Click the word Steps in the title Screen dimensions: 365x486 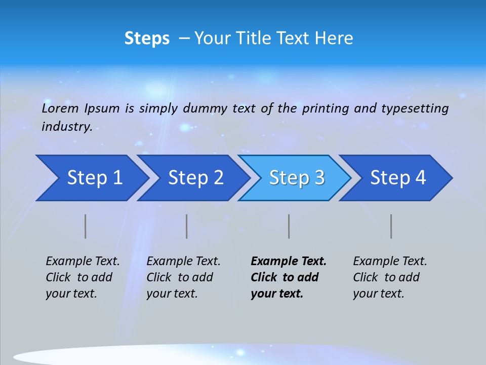click(147, 39)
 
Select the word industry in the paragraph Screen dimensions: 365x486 click(66, 127)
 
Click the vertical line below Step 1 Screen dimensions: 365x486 click(86, 226)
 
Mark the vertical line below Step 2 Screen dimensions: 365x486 click(187, 226)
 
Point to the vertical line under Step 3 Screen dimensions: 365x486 click(289, 226)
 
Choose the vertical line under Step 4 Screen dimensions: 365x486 click(391, 226)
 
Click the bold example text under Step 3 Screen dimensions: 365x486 click(288, 277)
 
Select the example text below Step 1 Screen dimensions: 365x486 click(82, 277)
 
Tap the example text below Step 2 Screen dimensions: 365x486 click(183, 277)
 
